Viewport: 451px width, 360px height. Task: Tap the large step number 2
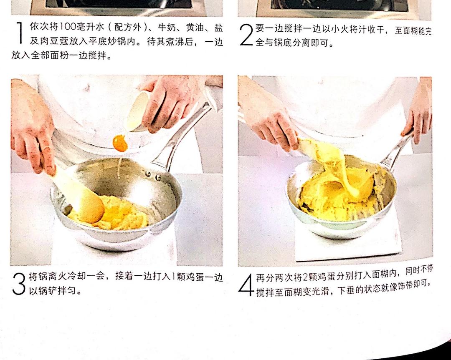pyautogui.click(x=246, y=35)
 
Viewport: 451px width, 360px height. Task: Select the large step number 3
pyautogui.click(x=19, y=284)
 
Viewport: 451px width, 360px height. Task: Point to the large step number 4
pyautogui.click(x=246, y=284)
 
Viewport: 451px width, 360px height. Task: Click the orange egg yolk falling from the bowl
pyautogui.click(x=120, y=143)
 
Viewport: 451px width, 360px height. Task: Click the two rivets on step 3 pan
pyautogui.click(x=153, y=176)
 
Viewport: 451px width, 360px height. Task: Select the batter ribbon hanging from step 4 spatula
pyautogui.click(x=342, y=169)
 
